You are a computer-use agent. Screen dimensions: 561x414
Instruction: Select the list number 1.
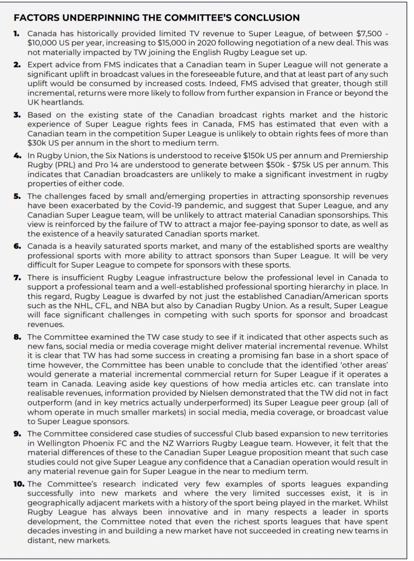[18, 34]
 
